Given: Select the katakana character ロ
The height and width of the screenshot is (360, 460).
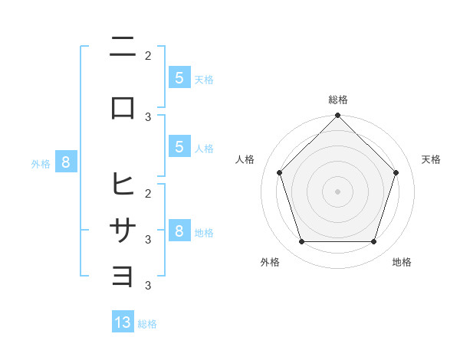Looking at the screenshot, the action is tap(123, 107).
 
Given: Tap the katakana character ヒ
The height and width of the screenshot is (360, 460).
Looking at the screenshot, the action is tap(123, 184).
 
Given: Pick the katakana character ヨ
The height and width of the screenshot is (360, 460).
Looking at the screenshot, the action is tap(123, 277).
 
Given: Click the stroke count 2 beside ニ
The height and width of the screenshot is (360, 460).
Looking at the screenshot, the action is tap(148, 56).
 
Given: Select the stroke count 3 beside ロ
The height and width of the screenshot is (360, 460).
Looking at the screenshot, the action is tap(148, 116).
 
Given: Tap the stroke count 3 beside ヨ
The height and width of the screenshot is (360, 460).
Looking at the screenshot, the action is tap(148, 286).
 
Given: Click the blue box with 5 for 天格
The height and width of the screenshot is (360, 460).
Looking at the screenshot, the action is tap(179, 77).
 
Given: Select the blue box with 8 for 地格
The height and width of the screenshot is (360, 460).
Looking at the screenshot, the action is tap(179, 231).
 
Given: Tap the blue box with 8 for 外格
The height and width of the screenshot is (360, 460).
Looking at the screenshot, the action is tap(66, 162).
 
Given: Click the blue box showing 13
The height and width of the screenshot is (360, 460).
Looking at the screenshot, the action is tap(123, 322).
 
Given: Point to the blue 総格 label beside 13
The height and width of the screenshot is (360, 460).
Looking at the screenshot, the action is tap(147, 324).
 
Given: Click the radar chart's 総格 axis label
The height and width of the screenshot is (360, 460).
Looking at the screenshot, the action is tap(337, 100).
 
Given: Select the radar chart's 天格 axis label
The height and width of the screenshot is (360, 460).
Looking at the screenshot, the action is tap(431, 159).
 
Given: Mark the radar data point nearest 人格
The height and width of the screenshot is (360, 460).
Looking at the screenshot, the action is tap(279, 172).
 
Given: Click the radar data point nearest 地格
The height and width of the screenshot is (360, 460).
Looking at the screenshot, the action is tap(373, 242).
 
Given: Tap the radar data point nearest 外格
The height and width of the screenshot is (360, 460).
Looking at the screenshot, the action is tap(301, 242).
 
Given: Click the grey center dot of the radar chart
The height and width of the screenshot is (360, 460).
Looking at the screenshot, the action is tap(337, 191).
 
